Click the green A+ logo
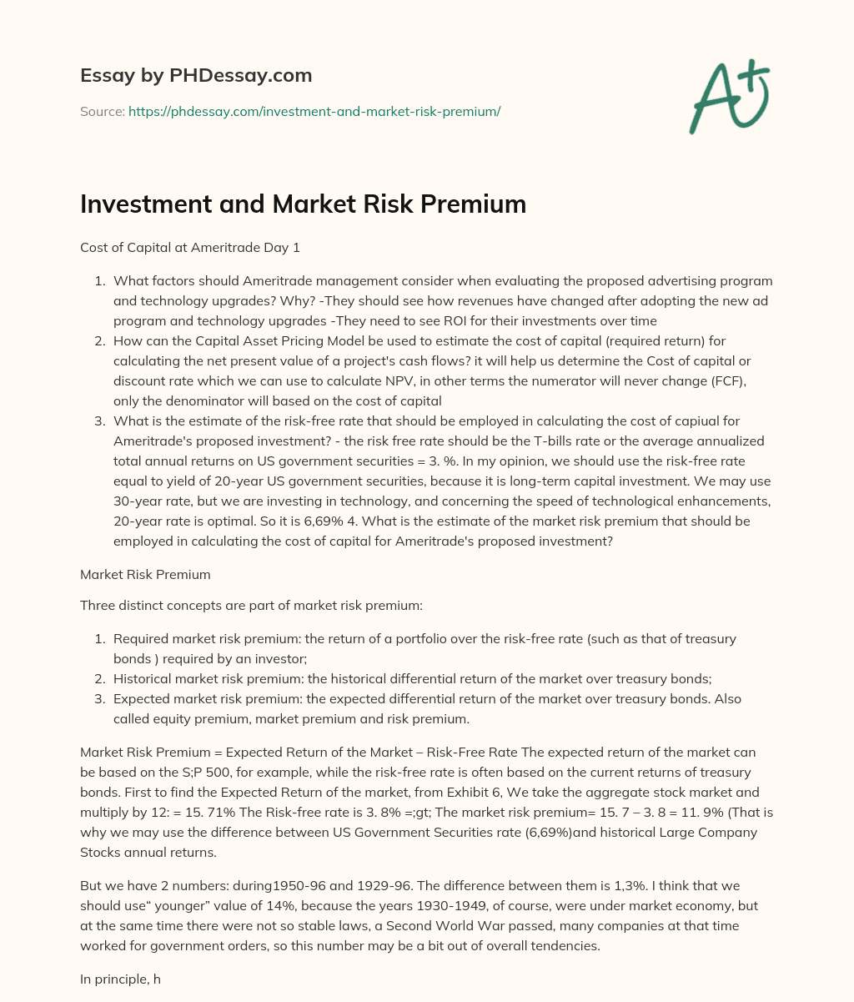click(x=729, y=96)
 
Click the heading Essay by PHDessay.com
click(x=196, y=75)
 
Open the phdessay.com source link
click(x=314, y=111)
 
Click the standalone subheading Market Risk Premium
click(x=145, y=575)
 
